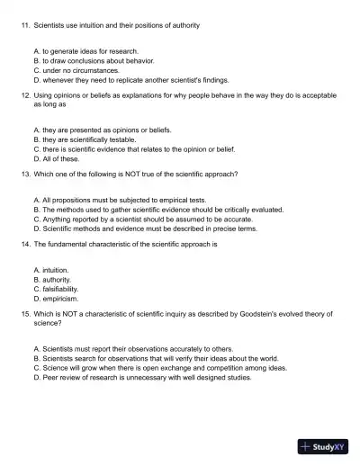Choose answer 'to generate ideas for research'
85,52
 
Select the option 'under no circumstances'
76,70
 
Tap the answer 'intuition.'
56,270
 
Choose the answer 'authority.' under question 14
58,280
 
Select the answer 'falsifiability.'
60,289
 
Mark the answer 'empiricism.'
61,298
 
